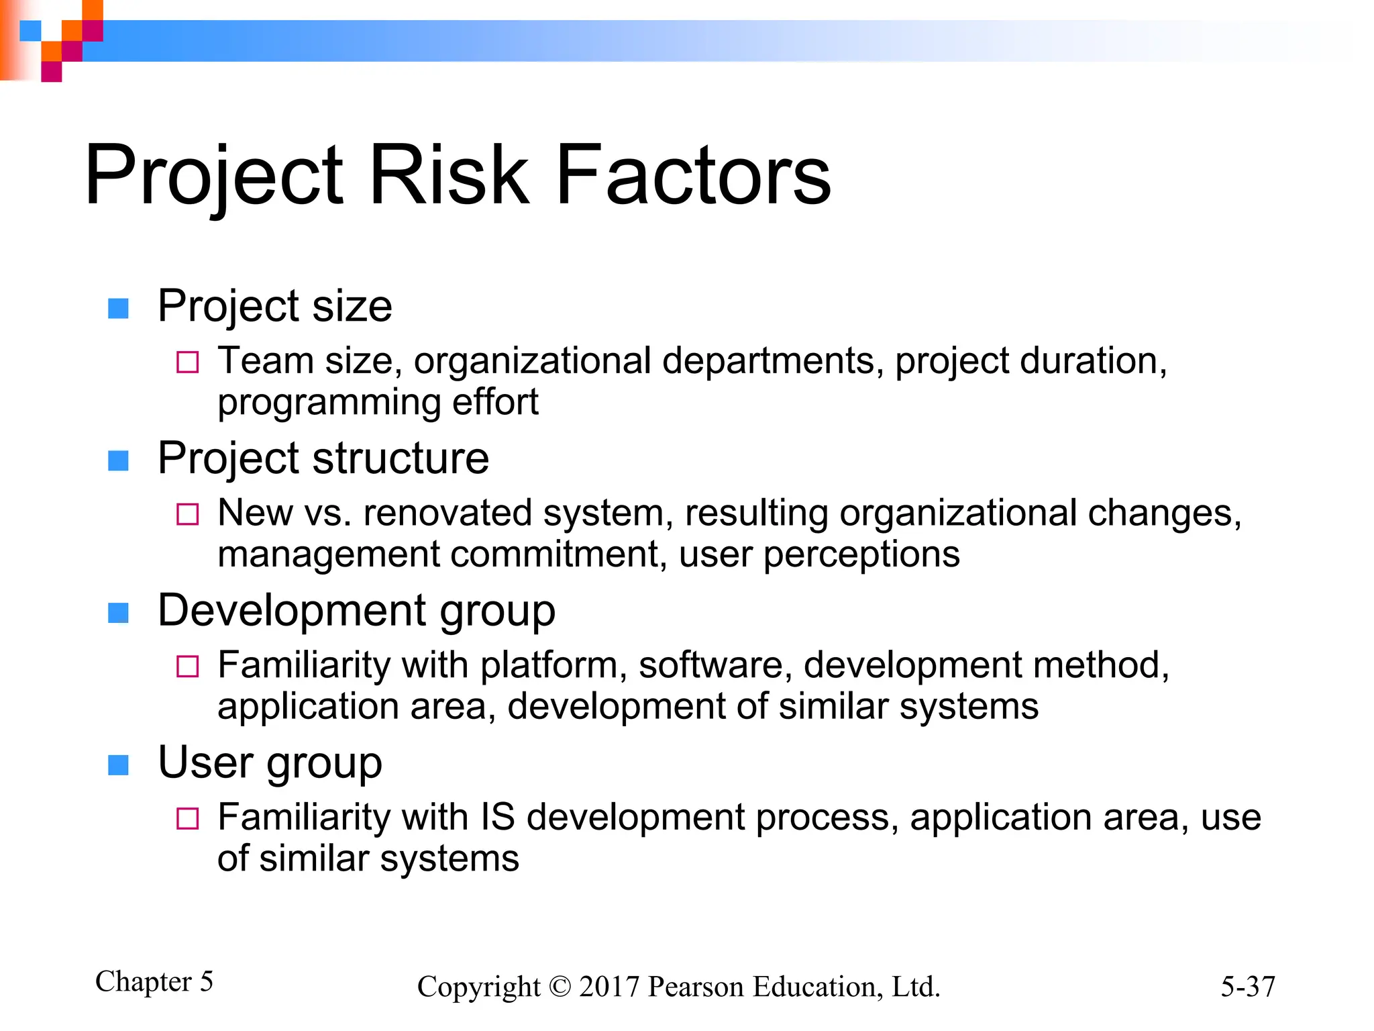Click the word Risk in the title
[448, 176]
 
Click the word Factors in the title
[693, 176]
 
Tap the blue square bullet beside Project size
[118, 309]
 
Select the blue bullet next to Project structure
[118, 461]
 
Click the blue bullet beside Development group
[118, 613]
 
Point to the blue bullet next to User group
[118, 765]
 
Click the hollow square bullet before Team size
[187, 362]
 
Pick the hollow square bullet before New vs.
[187, 515]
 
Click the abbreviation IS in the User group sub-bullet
[498, 818]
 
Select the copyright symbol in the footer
[560, 987]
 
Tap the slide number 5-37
[1247, 987]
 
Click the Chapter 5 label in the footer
[154, 981]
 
